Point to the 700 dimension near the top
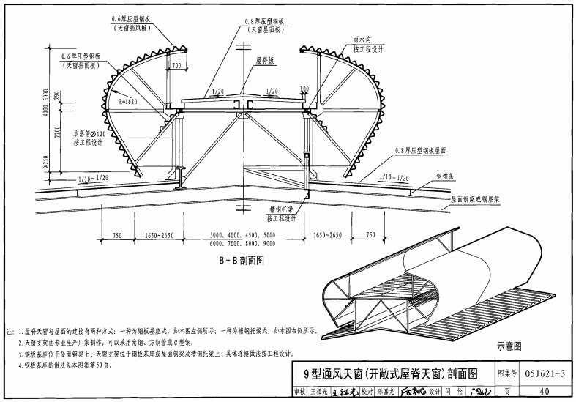176,67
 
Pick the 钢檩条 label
448,176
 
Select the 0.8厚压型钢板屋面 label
426,150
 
